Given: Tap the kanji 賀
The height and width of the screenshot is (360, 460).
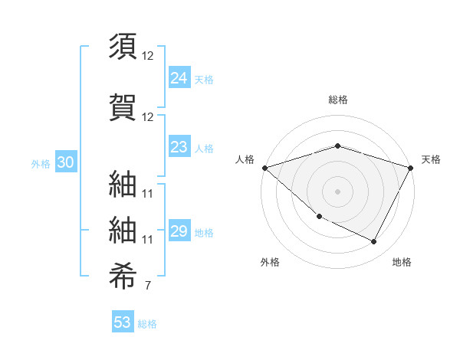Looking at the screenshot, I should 123,107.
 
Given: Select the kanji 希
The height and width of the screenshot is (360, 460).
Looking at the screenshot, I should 123,273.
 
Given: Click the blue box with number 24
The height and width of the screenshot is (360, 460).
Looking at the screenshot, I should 179,77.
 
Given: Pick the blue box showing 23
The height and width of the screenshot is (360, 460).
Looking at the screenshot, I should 179,148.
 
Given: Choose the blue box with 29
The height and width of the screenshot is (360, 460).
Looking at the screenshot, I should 179,232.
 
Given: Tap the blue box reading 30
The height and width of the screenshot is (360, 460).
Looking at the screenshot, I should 65,162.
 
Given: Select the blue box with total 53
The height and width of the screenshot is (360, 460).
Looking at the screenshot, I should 123,322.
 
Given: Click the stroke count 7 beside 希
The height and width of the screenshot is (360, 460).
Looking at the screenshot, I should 147,286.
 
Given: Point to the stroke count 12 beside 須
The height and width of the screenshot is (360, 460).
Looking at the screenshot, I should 147,56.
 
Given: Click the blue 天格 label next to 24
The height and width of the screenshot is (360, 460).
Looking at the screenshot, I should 204,79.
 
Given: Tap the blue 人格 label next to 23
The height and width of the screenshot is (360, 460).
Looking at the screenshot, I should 204,149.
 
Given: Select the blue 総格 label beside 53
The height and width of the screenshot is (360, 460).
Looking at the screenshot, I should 147,324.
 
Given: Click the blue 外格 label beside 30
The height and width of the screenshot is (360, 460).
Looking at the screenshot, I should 41,163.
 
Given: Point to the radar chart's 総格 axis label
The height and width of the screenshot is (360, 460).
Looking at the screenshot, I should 337,100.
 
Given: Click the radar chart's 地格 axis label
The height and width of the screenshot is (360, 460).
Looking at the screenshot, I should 402,262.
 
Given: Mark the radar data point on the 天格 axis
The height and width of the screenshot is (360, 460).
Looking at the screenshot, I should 411,168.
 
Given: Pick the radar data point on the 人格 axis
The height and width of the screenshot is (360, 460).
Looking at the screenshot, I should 264,168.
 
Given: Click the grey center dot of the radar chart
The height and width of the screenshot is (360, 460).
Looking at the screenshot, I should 337,191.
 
